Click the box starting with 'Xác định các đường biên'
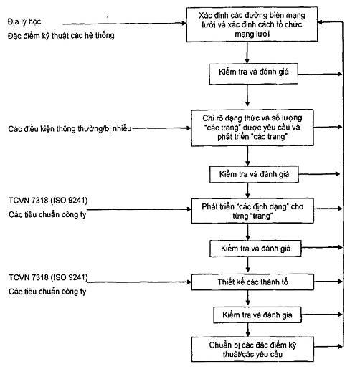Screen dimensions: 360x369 coord(252,24)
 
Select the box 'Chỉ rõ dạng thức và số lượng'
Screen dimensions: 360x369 coord(252,128)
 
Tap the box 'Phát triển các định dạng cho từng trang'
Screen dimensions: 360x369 coord(252,211)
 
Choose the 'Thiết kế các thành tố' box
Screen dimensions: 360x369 coord(252,282)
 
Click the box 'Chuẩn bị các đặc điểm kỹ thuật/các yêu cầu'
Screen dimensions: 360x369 coord(252,349)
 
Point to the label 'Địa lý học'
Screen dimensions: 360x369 coord(24,21)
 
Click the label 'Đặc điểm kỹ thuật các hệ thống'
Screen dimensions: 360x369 coord(61,36)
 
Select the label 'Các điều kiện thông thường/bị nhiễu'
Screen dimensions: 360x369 coord(70,129)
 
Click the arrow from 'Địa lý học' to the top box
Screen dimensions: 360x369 coord(124,24)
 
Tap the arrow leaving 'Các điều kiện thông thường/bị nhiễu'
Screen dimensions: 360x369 coord(162,128)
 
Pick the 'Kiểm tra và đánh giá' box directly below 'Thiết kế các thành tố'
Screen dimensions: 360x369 coord(257,315)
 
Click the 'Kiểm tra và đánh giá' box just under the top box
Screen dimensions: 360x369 coord(253,74)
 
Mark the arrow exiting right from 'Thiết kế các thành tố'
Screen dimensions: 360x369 coord(328,282)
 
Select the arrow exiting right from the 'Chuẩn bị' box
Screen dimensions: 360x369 coord(328,346)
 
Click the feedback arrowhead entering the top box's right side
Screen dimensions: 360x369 coord(321,22)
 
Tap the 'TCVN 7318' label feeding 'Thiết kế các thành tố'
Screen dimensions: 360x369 coord(48,277)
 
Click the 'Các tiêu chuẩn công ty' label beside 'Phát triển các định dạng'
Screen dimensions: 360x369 coord(47,215)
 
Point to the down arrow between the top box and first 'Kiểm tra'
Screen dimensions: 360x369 coord(247,52)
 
